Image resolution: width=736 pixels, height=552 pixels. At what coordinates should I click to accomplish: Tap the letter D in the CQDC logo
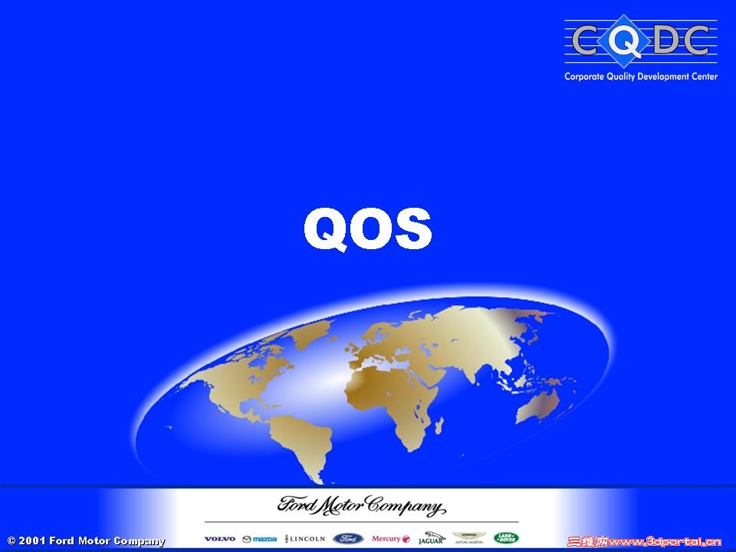pos(664,40)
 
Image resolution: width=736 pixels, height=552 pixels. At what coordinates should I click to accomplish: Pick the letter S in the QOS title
pos(409,229)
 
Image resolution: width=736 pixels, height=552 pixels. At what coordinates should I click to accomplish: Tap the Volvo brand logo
pos(220,539)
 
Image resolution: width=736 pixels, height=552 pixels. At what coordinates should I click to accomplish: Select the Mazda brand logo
pos(260,539)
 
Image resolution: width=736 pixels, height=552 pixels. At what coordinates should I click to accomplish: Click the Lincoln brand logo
pos(305,539)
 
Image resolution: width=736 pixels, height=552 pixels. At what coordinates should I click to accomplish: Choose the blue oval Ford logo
pos(348,538)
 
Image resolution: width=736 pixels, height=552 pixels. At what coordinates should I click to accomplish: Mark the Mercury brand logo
pos(391,539)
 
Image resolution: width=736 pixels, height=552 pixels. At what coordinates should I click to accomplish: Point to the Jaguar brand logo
pos(432,538)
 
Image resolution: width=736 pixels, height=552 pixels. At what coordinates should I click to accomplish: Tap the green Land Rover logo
pos(506,538)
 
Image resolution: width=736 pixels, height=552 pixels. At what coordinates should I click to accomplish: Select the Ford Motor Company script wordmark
pos(361,506)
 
